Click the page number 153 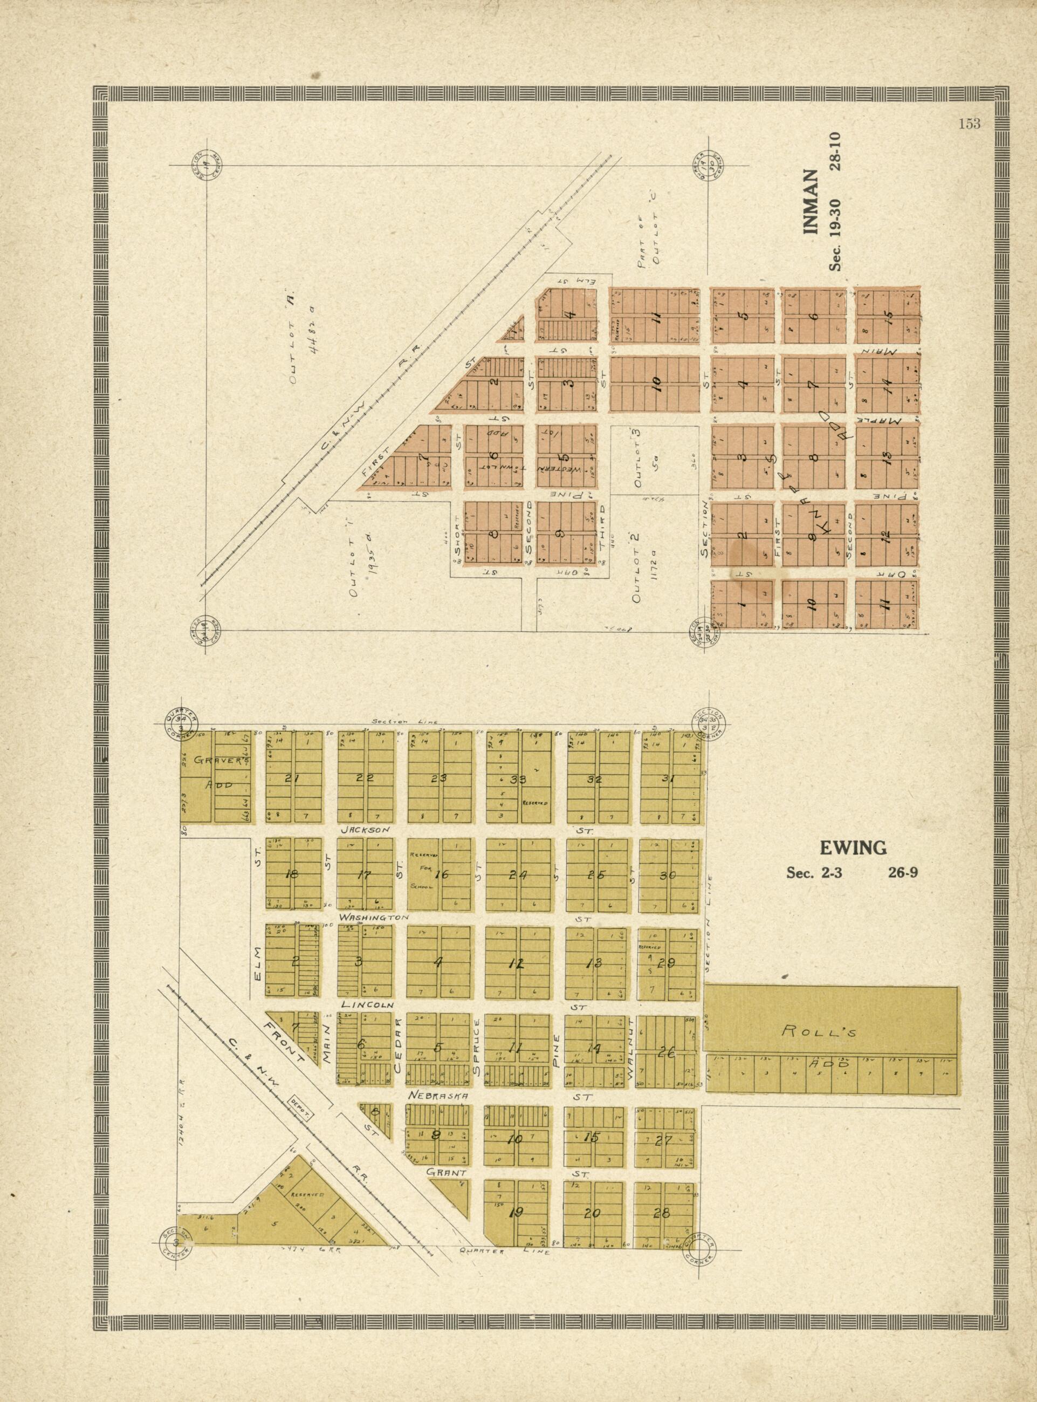tap(969, 124)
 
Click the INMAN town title tap(812, 202)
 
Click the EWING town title tap(852, 848)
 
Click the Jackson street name tap(365, 830)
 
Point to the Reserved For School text tap(420, 872)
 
